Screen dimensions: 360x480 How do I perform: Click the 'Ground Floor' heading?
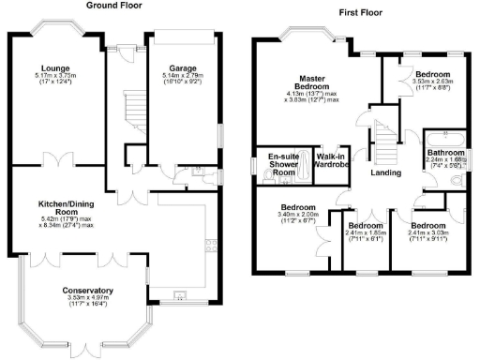coord(113,6)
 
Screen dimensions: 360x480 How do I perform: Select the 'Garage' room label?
coord(183,67)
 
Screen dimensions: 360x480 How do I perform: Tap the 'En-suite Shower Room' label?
coord(283,164)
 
